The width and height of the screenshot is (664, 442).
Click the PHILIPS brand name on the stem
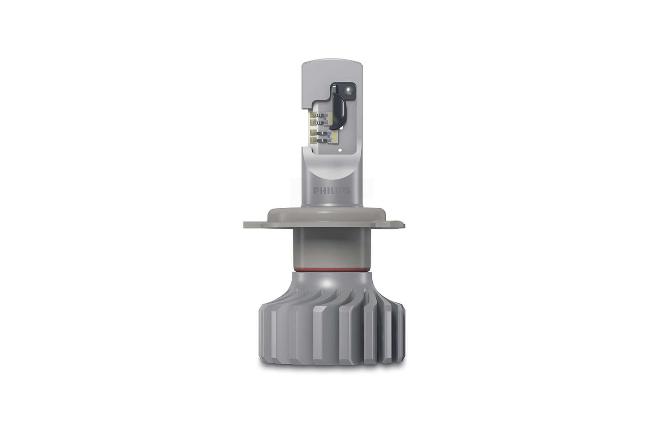coord(332,191)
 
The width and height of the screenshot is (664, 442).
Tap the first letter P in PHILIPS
coord(316,191)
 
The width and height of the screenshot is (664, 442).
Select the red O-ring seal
coord(331,269)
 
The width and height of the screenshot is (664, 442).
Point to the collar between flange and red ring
coord(331,248)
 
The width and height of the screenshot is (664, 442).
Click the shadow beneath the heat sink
coord(331,369)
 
